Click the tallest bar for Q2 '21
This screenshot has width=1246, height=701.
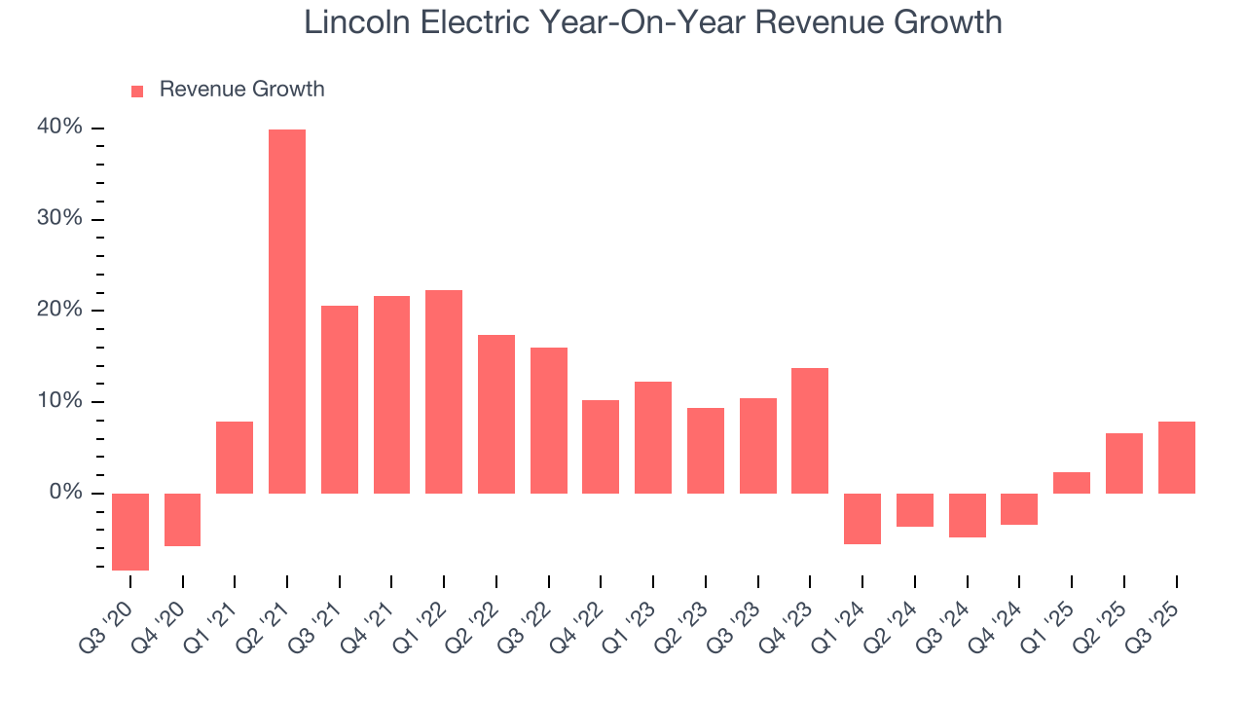click(287, 312)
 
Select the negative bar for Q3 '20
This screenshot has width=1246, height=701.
click(130, 532)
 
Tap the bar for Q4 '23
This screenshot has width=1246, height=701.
click(810, 430)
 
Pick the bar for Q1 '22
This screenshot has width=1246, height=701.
click(444, 391)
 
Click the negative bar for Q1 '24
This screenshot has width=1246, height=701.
click(862, 518)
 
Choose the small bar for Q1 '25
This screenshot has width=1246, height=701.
click(1072, 483)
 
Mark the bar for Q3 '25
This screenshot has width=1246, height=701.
click(1176, 458)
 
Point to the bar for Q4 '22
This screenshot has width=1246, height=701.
click(601, 447)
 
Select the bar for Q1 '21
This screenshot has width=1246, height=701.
click(235, 458)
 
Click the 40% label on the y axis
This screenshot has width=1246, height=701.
click(59, 128)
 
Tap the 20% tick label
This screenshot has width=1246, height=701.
click(59, 310)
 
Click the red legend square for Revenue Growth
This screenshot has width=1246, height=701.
click(137, 91)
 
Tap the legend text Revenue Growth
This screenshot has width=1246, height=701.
click(241, 90)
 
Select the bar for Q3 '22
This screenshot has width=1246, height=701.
click(549, 421)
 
